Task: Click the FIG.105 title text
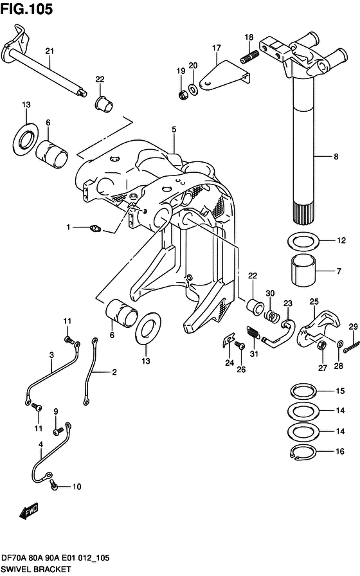pos(26,9)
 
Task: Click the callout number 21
pos(50,51)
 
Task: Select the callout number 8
pos(336,157)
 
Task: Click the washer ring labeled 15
pos(303,391)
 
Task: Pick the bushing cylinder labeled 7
pos(303,271)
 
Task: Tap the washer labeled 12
pos(303,241)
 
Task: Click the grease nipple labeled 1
pos(95,229)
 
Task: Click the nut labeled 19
pos(183,95)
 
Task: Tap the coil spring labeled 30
pos(271,315)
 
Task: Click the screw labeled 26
pos(239,345)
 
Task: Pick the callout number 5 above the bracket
pos(174,129)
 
